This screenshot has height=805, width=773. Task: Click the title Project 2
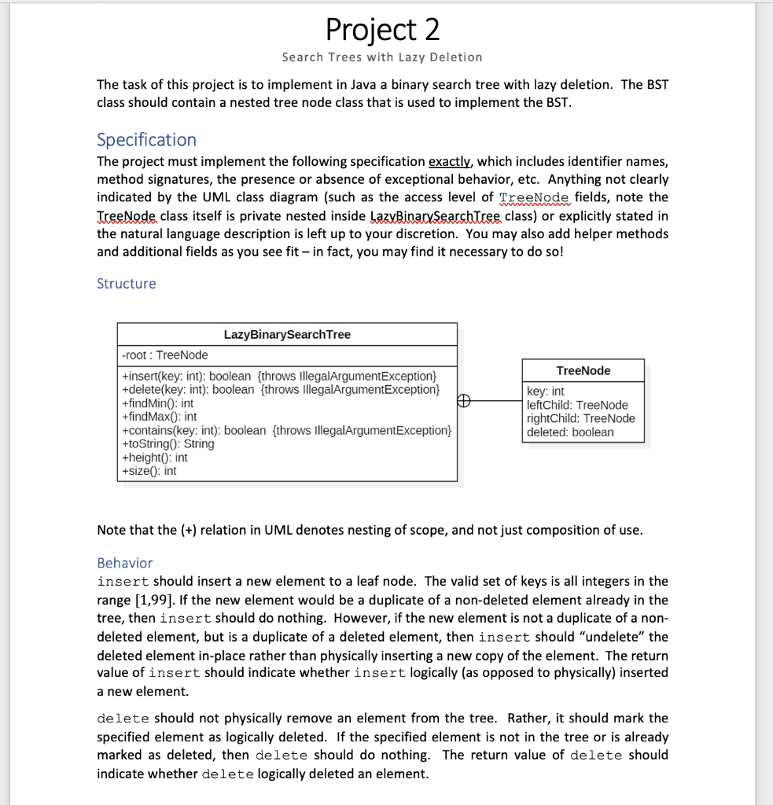click(x=383, y=30)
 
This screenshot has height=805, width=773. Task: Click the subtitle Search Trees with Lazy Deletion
click(x=382, y=57)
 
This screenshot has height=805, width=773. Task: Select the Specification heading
click(x=146, y=140)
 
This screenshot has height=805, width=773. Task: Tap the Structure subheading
click(x=126, y=284)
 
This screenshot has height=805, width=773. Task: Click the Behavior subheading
click(x=124, y=563)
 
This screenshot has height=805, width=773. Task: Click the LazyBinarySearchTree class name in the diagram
click(x=287, y=335)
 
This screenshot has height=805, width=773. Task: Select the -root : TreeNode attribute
click(x=165, y=355)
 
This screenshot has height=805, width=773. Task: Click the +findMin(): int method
click(x=157, y=403)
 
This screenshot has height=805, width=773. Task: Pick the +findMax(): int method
click(x=159, y=417)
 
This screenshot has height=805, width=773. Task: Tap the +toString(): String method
click(x=167, y=443)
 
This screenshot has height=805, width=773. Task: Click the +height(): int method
click(x=154, y=458)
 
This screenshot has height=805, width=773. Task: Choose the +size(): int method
click(x=149, y=471)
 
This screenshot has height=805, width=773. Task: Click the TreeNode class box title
click(x=583, y=371)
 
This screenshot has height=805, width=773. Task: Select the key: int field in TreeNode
click(x=545, y=391)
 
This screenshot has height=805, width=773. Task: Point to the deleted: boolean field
click(x=570, y=432)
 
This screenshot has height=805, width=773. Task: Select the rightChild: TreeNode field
click(x=580, y=418)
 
